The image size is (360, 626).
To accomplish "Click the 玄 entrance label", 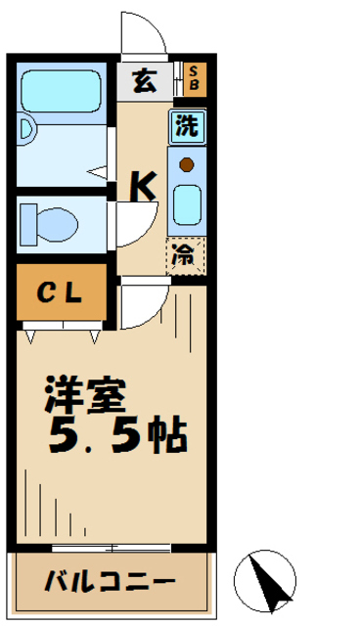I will click(x=143, y=81).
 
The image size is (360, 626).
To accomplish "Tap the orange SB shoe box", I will click(x=194, y=79).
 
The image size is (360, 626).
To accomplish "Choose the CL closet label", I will click(x=59, y=293).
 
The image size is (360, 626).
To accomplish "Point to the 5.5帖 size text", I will click(x=117, y=434).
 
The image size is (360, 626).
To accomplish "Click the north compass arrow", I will click(x=267, y=577).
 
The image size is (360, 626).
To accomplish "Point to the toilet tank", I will click(x=27, y=223).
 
